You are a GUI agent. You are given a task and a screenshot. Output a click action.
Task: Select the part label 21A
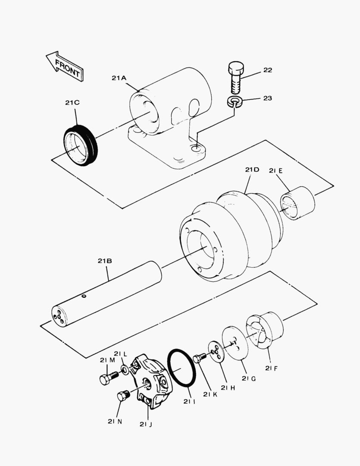coord(119,78)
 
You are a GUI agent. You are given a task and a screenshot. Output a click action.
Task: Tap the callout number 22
coord(268,70)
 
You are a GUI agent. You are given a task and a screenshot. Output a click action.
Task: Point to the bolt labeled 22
coord(236,77)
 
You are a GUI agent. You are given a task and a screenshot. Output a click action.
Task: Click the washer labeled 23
coord(235,101)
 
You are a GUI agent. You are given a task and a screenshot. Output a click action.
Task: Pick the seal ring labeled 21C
coord(81,145)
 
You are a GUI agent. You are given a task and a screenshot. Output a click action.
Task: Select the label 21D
coord(252,170)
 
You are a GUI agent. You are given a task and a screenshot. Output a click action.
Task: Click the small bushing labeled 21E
coord(297,203)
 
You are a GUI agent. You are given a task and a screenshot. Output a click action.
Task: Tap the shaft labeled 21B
coord(106,294)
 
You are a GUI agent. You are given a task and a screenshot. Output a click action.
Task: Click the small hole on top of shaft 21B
coord(84,296)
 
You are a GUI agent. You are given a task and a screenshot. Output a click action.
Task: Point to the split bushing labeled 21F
coord(265,330)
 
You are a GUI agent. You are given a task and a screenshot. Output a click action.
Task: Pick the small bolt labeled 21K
coord(200,358)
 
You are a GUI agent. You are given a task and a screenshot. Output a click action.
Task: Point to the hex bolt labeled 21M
coord(109,378)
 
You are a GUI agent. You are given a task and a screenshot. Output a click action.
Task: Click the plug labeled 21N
coord(124,395)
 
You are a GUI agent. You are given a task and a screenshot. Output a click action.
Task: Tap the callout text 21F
coord(272,368)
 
